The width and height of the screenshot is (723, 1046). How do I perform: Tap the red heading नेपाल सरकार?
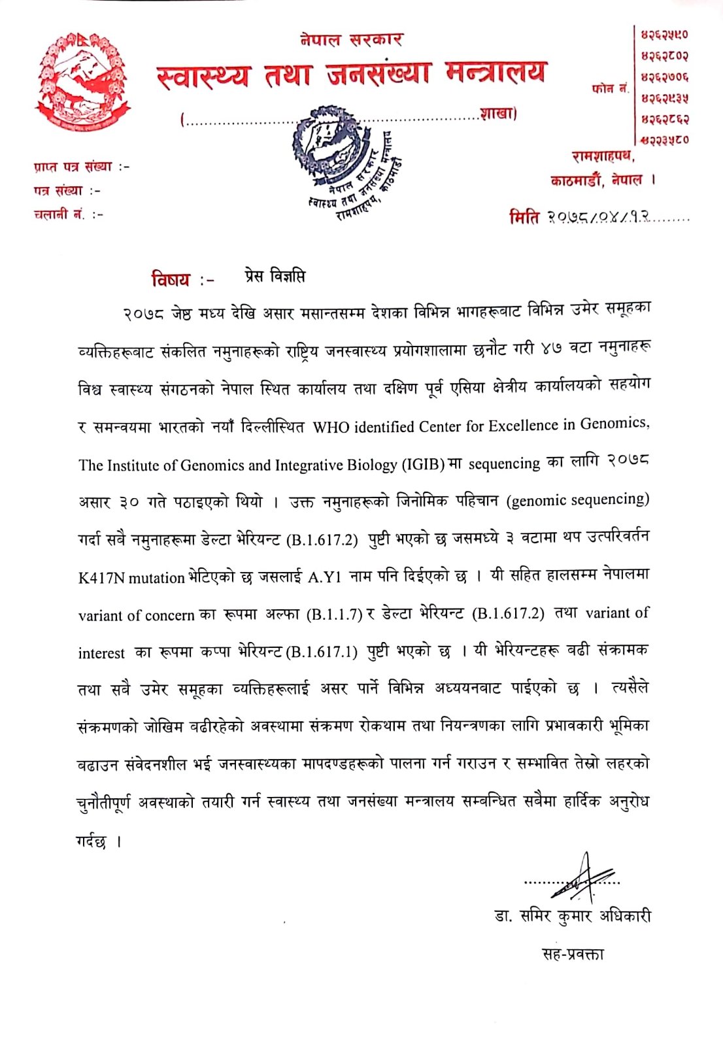click(351, 40)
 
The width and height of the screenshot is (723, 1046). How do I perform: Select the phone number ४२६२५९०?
click(664, 35)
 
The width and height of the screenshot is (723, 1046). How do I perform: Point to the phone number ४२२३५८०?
click(664, 139)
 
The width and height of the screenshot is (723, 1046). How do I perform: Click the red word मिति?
click(524, 218)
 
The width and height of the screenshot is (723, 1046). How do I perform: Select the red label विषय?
click(171, 280)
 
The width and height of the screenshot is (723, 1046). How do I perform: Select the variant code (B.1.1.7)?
click(334, 615)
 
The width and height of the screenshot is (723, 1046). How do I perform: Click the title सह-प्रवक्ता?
click(573, 954)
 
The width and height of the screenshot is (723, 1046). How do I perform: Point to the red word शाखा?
click(497, 114)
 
